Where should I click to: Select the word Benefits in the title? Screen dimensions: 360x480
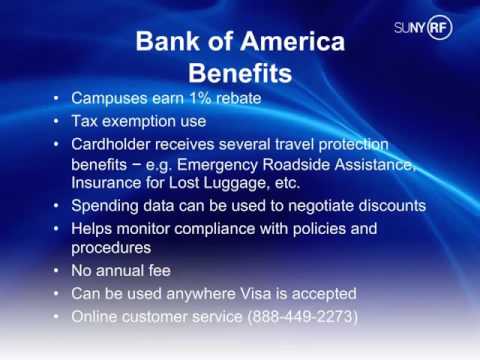pos(240,74)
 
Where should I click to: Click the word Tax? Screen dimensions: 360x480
pos(86,122)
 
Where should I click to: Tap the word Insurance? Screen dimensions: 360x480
pos(108,185)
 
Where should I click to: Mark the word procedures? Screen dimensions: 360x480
pos(111,248)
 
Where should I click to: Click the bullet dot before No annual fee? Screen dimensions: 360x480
pos(57,271)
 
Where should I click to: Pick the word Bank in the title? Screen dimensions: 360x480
pos(163,43)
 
